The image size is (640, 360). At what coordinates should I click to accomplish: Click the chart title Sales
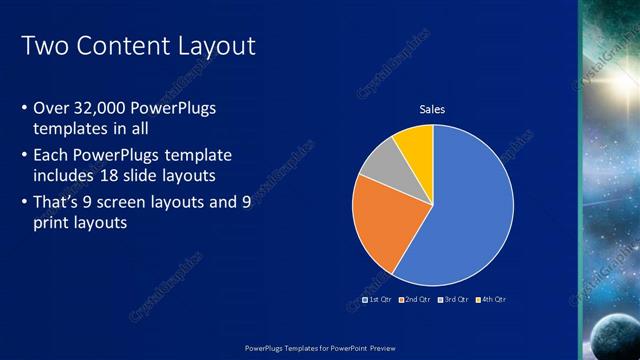point(432,109)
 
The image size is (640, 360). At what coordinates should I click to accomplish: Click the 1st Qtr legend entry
point(376,299)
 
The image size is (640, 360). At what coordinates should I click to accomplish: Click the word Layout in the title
point(215,46)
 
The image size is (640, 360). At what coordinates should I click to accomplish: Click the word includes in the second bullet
point(67,176)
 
